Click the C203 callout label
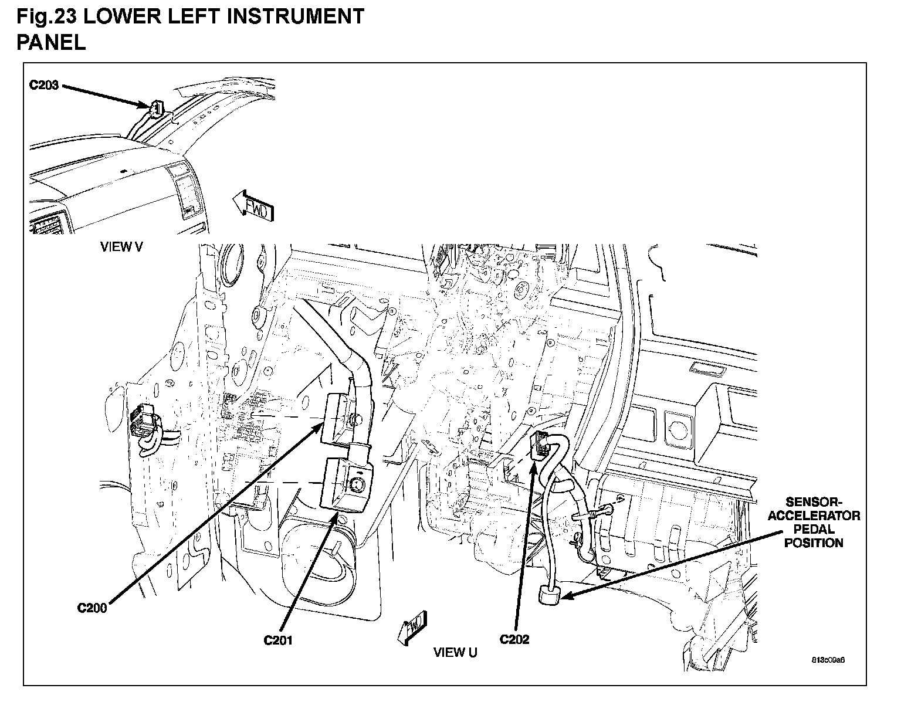(x=44, y=86)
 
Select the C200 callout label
(x=92, y=608)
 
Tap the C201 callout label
(x=277, y=640)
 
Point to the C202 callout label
(x=514, y=639)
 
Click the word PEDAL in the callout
(x=814, y=530)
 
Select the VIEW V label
(x=121, y=247)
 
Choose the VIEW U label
(x=455, y=652)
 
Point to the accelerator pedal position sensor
(x=548, y=596)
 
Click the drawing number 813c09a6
(x=828, y=659)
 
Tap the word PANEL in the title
(x=51, y=42)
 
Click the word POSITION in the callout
(x=814, y=543)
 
